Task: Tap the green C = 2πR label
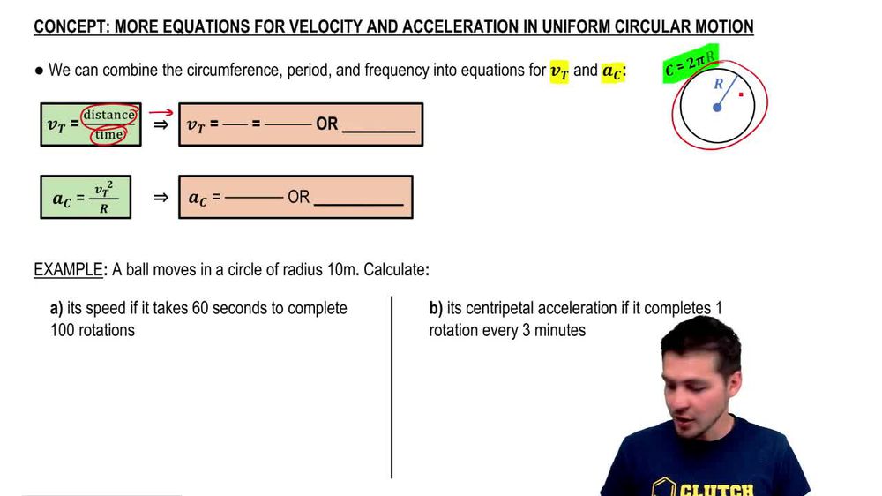coord(691,64)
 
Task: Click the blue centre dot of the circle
coord(717,108)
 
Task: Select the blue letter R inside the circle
coord(719,85)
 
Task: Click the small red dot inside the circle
coord(741,94)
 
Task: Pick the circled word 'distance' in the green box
coord(108,115)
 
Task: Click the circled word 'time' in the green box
coord(109,134)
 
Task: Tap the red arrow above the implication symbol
coord(160,112)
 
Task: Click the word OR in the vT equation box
coord(326,124)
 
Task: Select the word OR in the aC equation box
coord(299,198)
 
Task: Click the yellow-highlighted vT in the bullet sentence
coord(559,71)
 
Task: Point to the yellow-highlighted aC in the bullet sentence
coord(612,71)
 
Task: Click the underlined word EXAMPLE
coord(68,269)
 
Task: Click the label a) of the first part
coord(56,308)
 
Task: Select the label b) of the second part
coord(436,308)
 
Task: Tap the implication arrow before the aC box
coord(161,198)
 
